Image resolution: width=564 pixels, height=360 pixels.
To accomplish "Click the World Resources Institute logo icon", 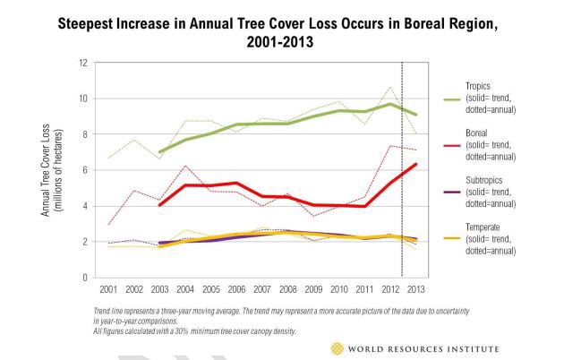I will pos(337,347).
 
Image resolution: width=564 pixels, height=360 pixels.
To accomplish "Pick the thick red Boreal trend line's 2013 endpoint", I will pos(415,164).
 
